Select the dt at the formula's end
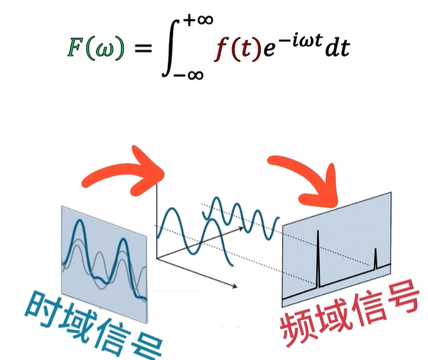tap(336, 49)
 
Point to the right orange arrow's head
tap(323, 189)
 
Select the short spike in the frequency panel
tap(376, 258)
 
